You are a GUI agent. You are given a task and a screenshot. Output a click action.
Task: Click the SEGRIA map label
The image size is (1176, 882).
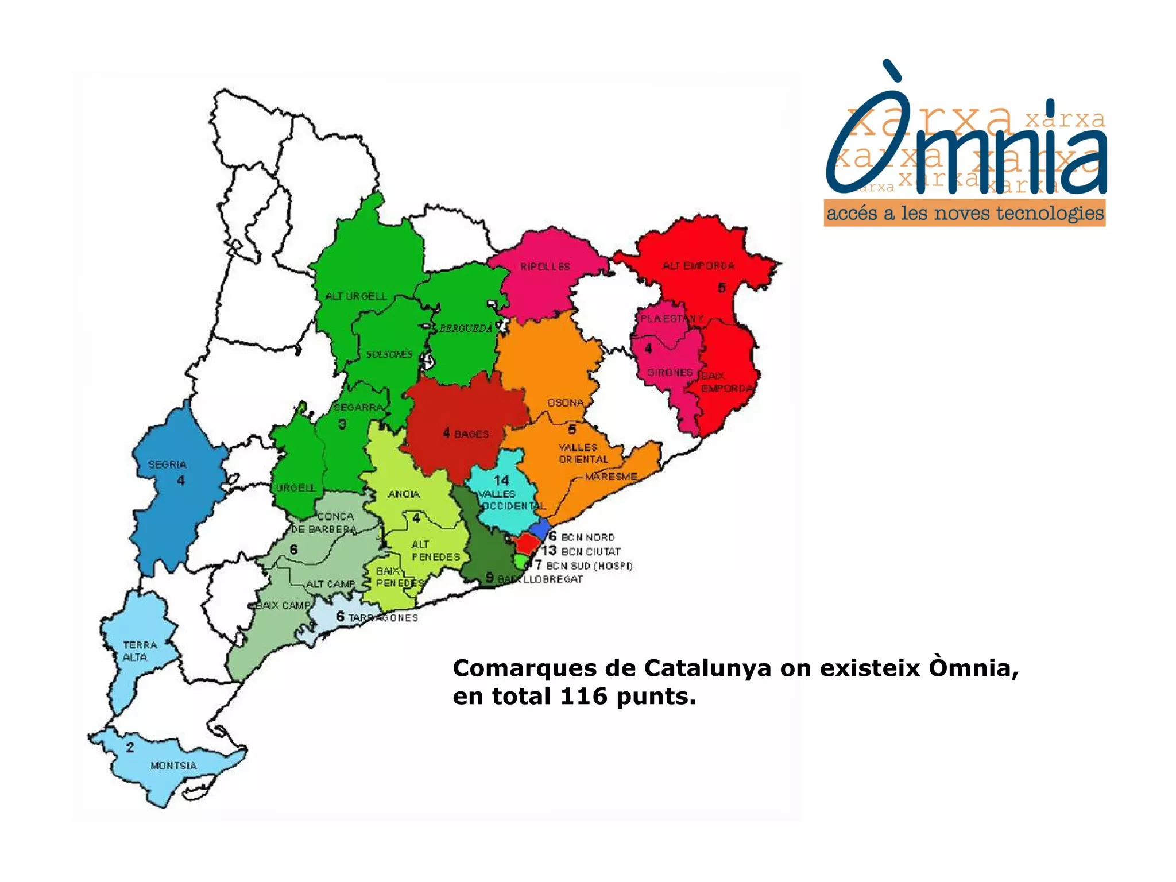(167, 465)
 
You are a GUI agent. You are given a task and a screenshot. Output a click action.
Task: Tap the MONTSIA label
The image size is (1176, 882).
(173, 765)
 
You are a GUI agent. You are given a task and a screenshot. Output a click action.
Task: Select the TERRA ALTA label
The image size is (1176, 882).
(140, 651)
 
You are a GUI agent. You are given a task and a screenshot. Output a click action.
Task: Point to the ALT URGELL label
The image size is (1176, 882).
(356, 296)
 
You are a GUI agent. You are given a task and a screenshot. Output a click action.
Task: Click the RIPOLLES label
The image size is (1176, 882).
(545, 267)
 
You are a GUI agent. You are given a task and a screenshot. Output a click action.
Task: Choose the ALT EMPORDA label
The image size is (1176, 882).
(698, 266)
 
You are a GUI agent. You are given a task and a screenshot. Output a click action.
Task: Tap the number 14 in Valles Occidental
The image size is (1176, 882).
(501, 480)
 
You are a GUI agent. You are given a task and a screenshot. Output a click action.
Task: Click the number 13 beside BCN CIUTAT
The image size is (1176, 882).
(549, 550)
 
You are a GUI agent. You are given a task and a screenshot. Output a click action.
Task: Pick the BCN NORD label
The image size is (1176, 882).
(588, 537)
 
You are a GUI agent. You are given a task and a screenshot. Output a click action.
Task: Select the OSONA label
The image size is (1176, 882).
(566, 403)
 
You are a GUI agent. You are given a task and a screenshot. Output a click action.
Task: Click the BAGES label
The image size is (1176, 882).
(471, 434)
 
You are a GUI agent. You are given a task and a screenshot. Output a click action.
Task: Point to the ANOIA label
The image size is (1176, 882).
(404, 494)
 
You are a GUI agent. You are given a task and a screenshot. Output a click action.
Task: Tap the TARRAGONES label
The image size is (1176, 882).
(383, 618)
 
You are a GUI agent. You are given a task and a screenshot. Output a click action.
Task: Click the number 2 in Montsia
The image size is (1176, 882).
(130, 748)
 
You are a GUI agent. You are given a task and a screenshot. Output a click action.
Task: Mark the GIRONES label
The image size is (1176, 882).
(670, 373)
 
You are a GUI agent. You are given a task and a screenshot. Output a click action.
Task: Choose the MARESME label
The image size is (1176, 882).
(611, 477)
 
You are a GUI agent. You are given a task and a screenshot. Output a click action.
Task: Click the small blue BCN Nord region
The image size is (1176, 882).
(539, 528)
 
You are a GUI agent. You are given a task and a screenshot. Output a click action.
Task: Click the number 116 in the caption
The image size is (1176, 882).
(583, 697)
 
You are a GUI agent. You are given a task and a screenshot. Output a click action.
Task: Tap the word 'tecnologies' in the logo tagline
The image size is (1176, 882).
(1050, 214)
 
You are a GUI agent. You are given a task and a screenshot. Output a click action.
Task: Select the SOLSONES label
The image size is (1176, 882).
(389, 354)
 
